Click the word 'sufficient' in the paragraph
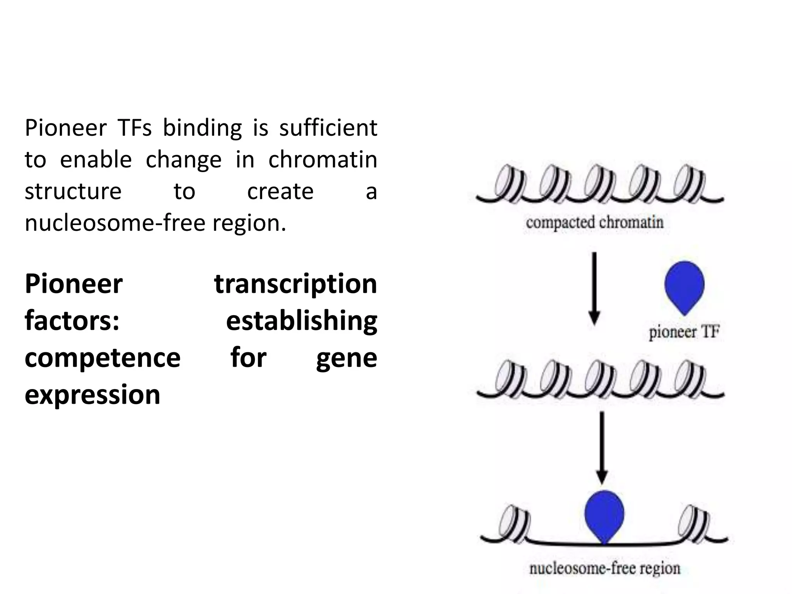click(x=328, y=128)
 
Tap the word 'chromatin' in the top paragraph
click(x=323, y=160)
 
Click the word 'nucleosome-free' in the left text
click(x=114, y=223)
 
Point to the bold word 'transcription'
click(x=295, y=284)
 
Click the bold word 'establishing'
click(x=301, y=321)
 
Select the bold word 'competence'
click(x=102, y=358)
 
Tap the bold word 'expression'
click(x=92, y=395)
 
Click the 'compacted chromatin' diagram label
click(x=594, y=223)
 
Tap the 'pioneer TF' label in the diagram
click(x=684, y=332)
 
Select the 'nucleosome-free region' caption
click(x=604, y=568)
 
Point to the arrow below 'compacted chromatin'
click(x=594, y=288)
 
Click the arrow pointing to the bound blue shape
click(x=602, y=447)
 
